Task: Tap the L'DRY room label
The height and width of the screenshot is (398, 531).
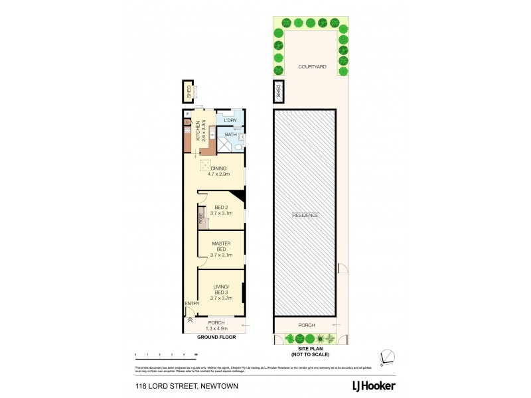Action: coord(230,120)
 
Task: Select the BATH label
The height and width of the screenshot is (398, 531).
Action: coord(230,135)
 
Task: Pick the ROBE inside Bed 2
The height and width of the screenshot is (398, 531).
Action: coord(200,217)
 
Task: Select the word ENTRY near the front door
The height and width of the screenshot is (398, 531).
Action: coord(192,304)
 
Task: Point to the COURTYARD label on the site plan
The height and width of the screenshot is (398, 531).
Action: coord(311,68)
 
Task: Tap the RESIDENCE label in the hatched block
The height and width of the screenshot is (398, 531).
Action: coord(306,216)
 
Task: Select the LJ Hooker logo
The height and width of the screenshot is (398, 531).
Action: coord(373,385)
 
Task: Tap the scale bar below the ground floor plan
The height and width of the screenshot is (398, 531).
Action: coord(166,356)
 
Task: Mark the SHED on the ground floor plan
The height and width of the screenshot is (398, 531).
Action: coord(189,92)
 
